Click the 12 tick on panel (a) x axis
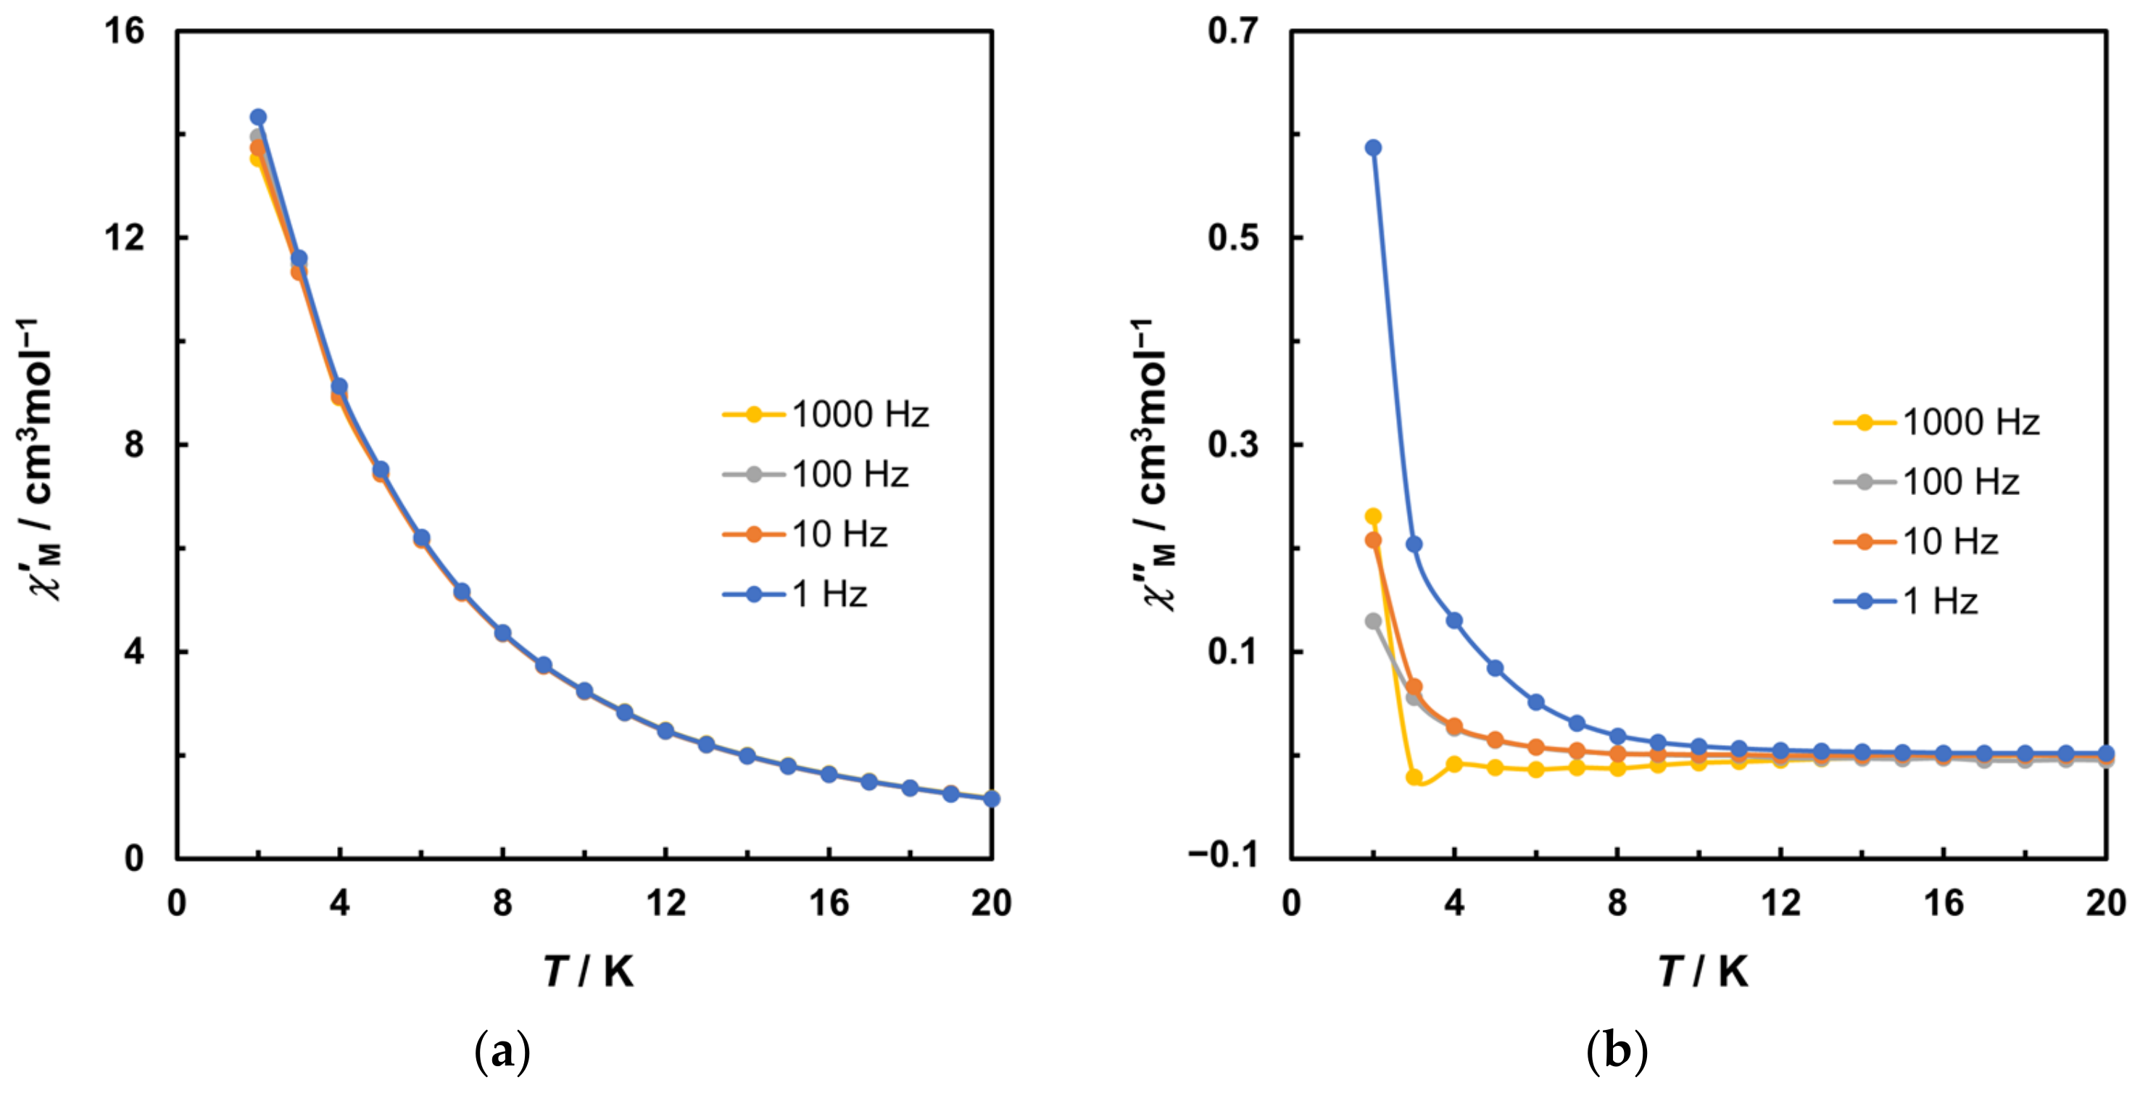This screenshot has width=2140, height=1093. coord(665,903)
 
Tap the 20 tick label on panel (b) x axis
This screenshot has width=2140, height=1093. coord(2106,903)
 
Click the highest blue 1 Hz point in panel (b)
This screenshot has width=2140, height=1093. coord(1373,148)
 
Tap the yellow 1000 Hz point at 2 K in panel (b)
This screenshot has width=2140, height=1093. coord(1373,517)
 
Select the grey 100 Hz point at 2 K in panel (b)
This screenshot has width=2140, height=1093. coord(1373,620)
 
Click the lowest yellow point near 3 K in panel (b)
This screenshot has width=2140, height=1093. coord(1414,776)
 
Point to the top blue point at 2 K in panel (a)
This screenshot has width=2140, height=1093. coord(258,117)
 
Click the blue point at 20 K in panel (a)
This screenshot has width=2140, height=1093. coord(991,799)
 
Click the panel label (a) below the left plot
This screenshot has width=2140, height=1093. coord(502,1052)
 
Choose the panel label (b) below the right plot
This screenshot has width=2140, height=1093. coord(1617,1052)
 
